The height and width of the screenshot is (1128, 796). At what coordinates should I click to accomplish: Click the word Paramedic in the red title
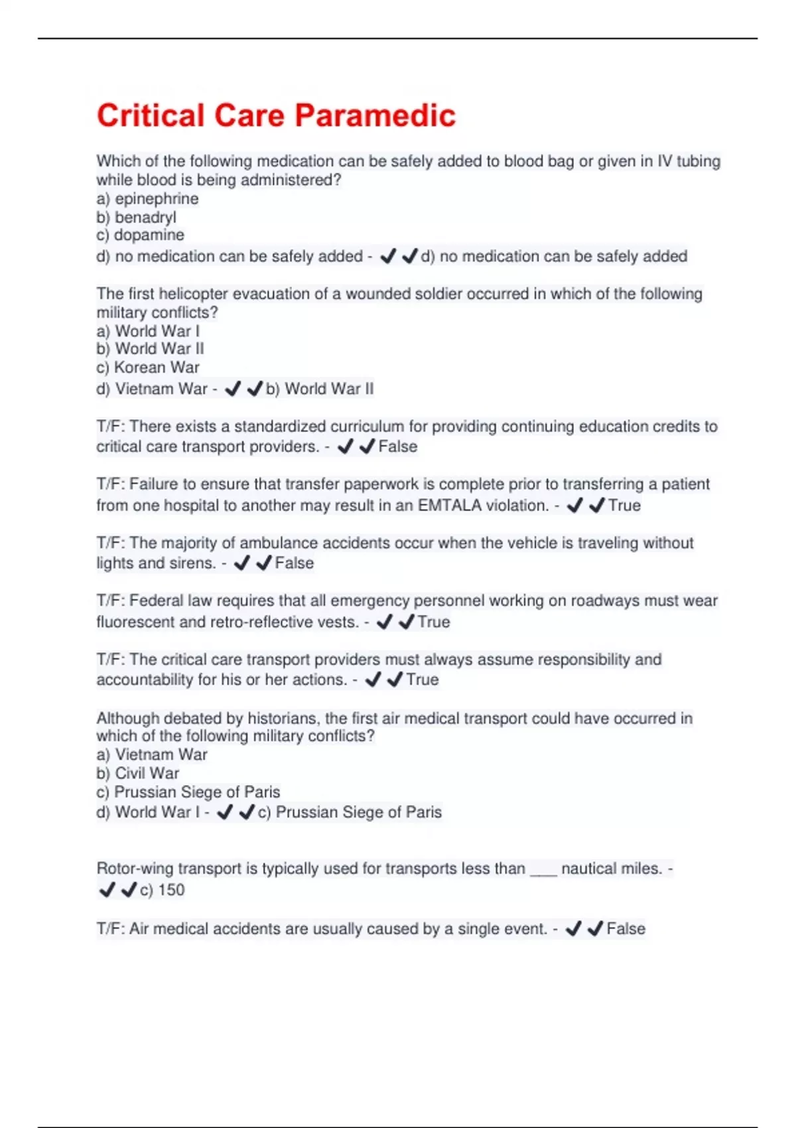click(375, 115)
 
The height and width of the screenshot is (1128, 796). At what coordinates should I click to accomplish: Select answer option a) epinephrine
click(147, 198)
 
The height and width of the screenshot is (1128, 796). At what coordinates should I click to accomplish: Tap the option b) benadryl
click(136, 217)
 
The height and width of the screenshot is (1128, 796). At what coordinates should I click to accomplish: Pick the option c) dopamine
click(140, 235)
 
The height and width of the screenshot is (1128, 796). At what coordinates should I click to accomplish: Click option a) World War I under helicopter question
click(148, 331)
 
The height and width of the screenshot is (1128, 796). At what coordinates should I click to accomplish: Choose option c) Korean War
click(148, 368)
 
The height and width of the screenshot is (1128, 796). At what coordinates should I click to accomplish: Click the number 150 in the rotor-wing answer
click(171, 890)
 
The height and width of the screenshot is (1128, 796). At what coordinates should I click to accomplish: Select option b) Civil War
click(138, 773)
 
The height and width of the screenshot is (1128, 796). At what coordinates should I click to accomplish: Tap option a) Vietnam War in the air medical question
click(152, 754)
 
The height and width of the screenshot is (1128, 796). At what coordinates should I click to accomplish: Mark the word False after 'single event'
click(626, 929)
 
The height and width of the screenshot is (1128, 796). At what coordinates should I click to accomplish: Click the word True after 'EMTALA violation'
click(624, 506)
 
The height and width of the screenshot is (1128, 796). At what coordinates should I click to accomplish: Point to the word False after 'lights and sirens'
click(294, 563)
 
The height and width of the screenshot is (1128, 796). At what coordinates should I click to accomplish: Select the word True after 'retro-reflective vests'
click(434, 622)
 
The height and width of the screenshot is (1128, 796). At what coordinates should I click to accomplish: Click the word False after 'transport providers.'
click(397, 447)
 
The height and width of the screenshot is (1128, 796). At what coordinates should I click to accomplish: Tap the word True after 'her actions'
click(422, 680)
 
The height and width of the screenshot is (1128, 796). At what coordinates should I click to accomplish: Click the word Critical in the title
click(151, 115)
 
